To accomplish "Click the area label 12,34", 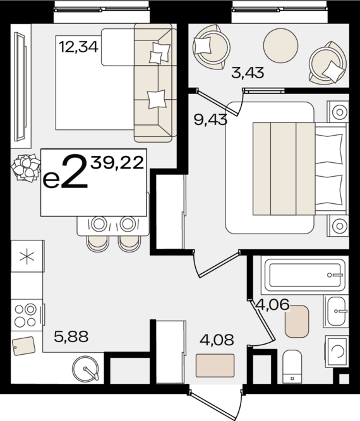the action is pos(78,47).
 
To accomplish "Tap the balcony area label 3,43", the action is pos(248,73).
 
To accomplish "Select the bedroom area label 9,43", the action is pos(210,119).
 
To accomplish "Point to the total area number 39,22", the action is pos(117,163).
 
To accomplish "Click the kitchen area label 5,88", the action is pos(71,336).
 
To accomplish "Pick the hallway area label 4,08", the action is pos(217,340).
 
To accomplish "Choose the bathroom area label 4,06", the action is pos(273,304).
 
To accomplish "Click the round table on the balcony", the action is pos(281,45).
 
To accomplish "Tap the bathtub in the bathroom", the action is pos(304,275).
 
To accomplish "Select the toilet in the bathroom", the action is pos(292,367).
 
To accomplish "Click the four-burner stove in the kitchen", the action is pos(27,315).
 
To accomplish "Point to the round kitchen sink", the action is pos(85,369).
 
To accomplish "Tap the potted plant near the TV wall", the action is pos(26,167).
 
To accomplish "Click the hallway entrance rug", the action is pos(215,365).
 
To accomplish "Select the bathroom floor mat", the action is pos(297,321).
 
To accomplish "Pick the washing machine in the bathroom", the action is pos(337,351).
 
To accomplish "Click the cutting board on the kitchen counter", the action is pos(24,346).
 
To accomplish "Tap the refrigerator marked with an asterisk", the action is pos(27,256).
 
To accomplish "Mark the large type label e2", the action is pos(65,172).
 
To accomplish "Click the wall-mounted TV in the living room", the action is pos(20,86).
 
